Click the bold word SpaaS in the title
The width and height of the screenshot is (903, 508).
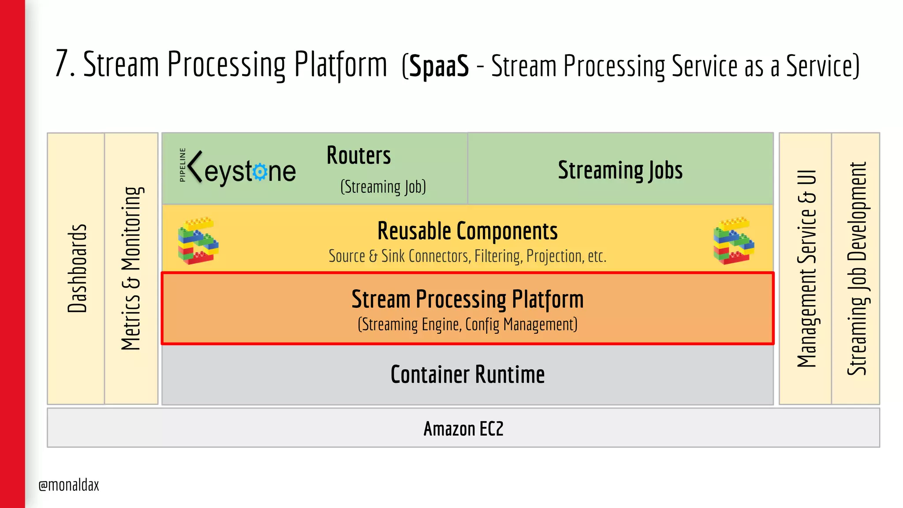click(439, 66)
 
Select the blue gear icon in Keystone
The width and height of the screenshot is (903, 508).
click(260, 172)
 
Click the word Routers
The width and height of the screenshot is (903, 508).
click(358, 156)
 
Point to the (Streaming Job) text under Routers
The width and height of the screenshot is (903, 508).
click(383, 187)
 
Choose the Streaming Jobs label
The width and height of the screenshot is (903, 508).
click(620, 170)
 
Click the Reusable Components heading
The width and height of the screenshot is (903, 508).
click(467, 231)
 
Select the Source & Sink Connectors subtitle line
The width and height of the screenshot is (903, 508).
click(467, 256)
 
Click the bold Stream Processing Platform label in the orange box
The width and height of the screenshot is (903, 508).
click(467, 299)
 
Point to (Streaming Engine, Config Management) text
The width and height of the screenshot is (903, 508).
click(467, 325)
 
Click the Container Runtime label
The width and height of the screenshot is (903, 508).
click(467, 375)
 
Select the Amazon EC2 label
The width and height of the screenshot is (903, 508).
click(463, 429)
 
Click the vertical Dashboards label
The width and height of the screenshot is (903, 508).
click(77, 268)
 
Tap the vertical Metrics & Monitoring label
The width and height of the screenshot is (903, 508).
click(131, 268)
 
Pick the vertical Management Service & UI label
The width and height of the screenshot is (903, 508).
click(806, 268)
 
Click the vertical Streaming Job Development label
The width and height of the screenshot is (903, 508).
click(857, 268)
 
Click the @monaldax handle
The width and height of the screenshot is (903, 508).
click(69, 485)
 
